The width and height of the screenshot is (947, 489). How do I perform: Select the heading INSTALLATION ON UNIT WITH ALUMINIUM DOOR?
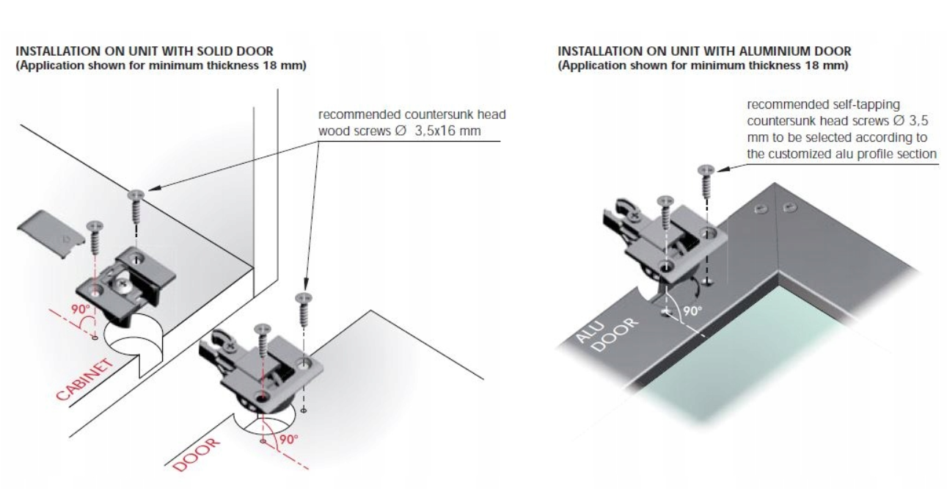(x=704, y=51)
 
